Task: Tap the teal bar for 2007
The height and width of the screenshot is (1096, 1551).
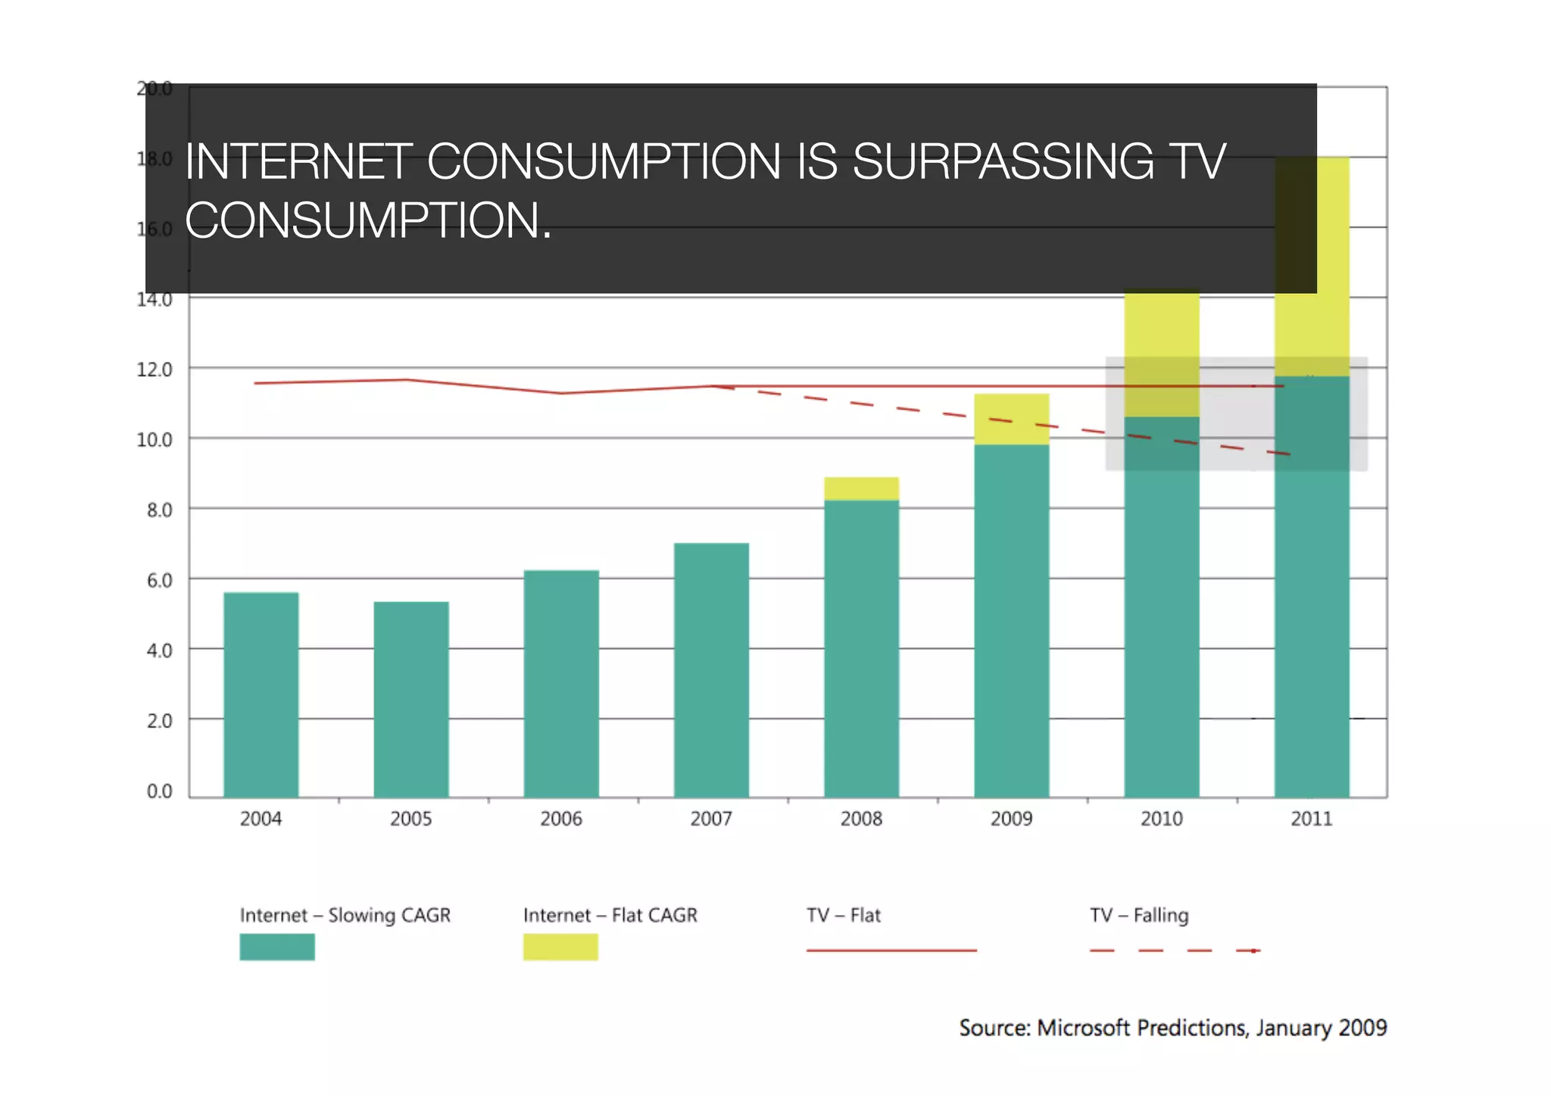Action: click(x=711, y=670)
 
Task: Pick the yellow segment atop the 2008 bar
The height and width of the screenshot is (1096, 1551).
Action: click(x=861, y=489)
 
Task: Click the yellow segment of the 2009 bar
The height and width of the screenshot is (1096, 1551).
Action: click(x=1011, y=419)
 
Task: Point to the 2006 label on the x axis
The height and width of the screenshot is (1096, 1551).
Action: click(x=561, y=819)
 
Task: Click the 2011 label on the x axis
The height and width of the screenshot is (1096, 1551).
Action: click(x=1311, y=819)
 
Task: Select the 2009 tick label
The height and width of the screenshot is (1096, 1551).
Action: click(x=1011, y=819)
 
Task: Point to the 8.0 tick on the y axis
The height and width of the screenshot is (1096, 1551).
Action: click(x=159, y=510)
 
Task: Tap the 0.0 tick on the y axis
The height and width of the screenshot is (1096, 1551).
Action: click(x=159, y=792)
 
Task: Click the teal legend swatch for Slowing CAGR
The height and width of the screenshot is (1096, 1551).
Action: click(x=277, y=947)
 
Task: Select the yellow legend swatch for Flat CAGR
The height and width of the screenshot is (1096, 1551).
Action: click(x=560, y=947)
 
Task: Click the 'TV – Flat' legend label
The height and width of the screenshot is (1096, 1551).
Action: click(x=844, y=915)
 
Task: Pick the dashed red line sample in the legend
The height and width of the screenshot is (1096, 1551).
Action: click(x=1174, y=951)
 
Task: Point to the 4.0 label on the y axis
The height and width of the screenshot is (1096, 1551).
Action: click(x=159, y=651)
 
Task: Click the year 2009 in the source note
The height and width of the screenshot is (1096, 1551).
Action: click(x=1362, y=1028)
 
